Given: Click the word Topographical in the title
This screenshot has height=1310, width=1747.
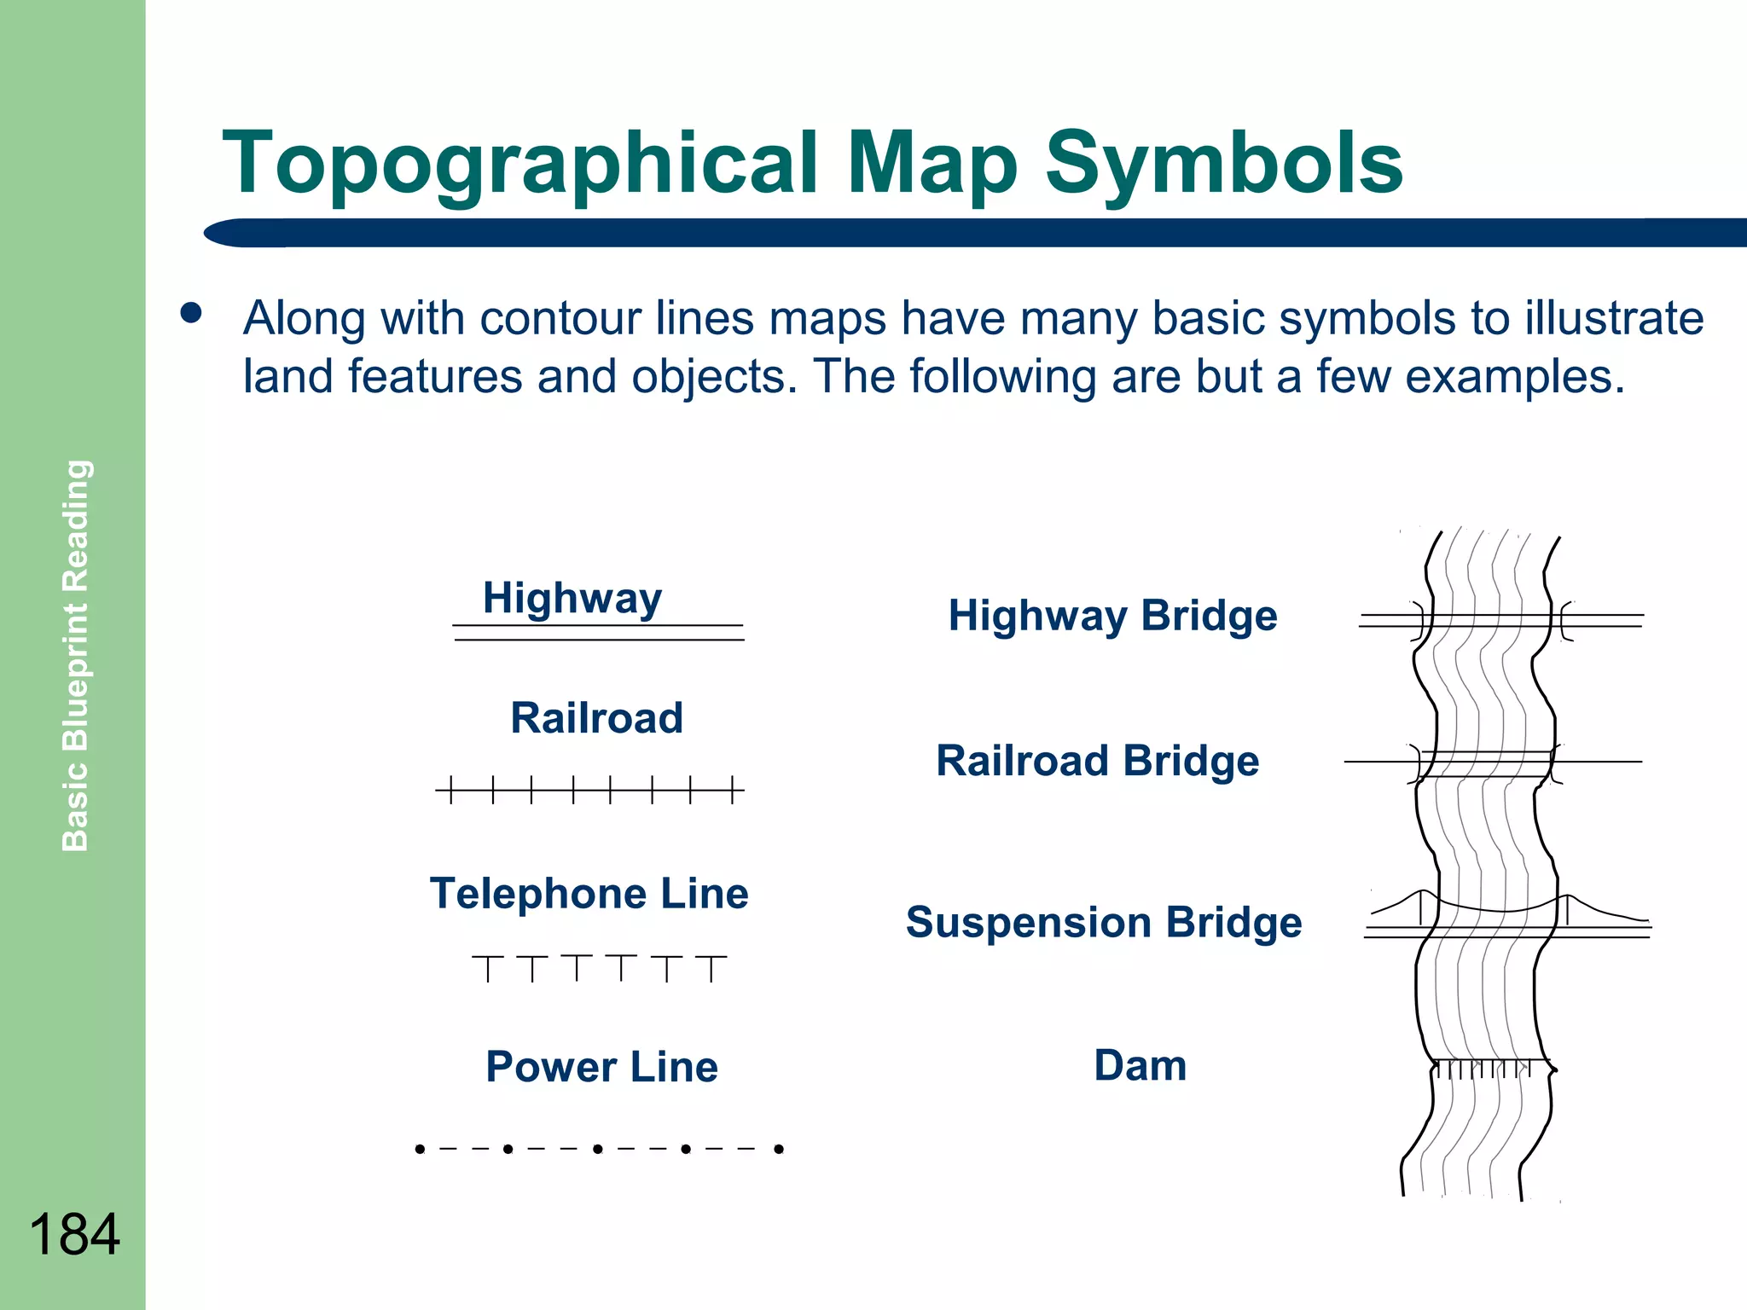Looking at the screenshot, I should click(519, 164).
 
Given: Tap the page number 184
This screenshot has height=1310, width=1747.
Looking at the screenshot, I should click(74, 1234).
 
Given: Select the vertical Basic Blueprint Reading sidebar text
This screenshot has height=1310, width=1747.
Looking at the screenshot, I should click(76, 655).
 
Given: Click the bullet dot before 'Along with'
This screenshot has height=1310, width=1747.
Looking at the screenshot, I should click(191, 313).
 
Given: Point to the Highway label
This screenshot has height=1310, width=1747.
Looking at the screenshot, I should click(572, 598).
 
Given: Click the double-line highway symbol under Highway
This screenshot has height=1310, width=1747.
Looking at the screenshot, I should click(598, 633).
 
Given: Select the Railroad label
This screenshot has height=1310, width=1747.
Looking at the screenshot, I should click(596, 718).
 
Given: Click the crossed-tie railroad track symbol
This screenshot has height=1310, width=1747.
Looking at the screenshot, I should click(589, 791).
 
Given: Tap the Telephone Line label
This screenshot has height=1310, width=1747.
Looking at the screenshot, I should click(589, 894).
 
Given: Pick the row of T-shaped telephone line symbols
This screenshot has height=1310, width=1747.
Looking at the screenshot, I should click(599, 968).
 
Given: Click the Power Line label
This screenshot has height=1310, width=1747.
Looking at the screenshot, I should click(601, 1067).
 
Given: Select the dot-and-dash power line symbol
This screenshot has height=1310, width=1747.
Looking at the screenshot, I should click(599, 1149).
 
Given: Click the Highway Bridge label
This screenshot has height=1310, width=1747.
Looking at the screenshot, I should click(1112, 616).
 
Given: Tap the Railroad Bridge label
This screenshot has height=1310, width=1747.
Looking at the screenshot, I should click(1097, 761).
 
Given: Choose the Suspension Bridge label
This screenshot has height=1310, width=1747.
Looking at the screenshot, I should click(1103, 923).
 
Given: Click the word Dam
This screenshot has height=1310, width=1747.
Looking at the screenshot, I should click(1140, 1066).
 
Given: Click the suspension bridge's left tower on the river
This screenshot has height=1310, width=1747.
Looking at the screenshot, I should click(1421, 908).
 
